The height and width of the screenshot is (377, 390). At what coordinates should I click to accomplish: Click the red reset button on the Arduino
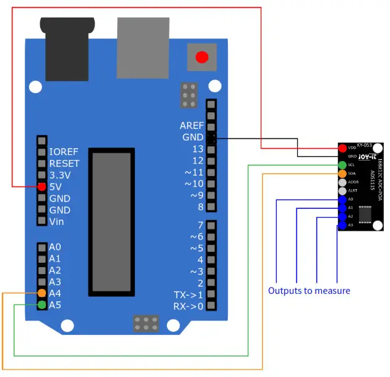click(201, 58)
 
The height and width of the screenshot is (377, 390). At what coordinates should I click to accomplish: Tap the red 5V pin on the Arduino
click(41, 187)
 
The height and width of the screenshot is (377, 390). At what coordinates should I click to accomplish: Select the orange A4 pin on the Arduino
click(41, 293)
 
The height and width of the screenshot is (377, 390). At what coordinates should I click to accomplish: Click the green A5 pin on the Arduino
click(41, 304)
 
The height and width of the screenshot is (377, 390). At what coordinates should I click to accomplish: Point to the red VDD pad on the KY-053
click(342, 148)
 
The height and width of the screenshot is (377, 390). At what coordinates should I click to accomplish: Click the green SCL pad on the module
click(342, 166)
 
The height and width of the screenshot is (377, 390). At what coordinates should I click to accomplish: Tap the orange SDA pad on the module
click(342, 174)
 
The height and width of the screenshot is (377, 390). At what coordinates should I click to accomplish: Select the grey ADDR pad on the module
click(342, 182)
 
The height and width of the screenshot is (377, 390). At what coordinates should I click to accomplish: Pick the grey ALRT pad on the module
click(342, 191)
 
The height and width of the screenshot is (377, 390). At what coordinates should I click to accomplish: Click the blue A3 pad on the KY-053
click(342, 226)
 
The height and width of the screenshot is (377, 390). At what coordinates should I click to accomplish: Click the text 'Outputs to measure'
click(309, 290)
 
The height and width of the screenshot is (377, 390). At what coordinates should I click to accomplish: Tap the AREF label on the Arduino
click(191, 126)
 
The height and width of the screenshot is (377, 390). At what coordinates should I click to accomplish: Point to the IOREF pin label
click(63, 152)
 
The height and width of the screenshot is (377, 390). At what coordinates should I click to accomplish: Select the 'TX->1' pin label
click(188, 295)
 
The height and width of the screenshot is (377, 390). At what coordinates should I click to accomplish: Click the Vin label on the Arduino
click(56, 222)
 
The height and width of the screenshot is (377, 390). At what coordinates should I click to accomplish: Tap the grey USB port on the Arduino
click(143, 43)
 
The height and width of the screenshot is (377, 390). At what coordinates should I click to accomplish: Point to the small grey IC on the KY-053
click(365, 213)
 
